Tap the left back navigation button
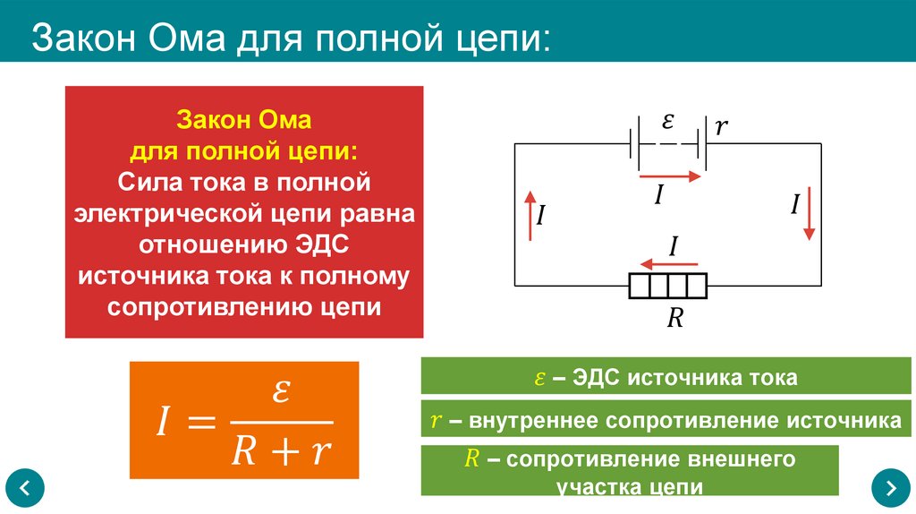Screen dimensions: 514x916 click(x=24, y=488)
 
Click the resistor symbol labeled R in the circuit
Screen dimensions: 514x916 click(x=667, y=287)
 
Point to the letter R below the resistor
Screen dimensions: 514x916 click(x=674, y=318)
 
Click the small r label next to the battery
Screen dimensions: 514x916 click(x=721, y=127)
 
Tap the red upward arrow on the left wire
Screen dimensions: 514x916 click(x=530, y=215)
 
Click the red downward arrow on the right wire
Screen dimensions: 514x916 click(x=809, y=213)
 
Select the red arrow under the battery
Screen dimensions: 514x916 click(x=672, y=177)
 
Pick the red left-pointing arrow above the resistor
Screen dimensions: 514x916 click(x=672, y=263)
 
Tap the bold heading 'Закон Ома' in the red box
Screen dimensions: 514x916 click(x=243, y=119)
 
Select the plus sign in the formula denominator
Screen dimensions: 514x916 click(x=281, y=452)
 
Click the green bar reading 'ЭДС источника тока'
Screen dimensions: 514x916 click(x=661, y=377)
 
